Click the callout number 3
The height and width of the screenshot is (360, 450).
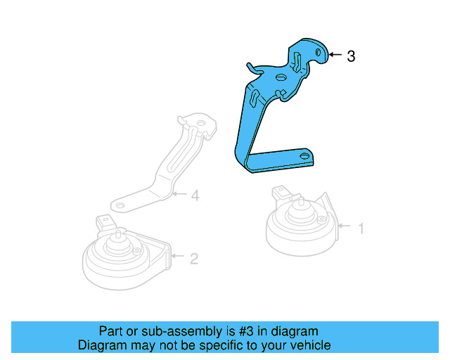[x=351, y=56]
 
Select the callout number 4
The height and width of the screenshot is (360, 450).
[x=195, y=195]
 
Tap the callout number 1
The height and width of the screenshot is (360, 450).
[x=361, y=229]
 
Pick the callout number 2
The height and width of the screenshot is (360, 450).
[x=194, y=259]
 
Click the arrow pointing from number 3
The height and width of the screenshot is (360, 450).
[x=335, y=54]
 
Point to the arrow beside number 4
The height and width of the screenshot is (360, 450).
[x=180, y=194]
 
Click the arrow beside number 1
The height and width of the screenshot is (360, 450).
[x=345, y=226]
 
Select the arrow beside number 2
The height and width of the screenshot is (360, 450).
[x=177, y=255]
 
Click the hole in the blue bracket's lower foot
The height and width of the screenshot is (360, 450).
[x=304, y=155]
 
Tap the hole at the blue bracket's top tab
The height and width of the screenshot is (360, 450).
[x=318, y=52]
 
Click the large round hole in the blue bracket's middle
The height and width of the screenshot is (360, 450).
[x=281, y=77]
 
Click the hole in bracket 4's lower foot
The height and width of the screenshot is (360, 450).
[x=120, y=206]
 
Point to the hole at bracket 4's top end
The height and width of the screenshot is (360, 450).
[x=202, y=124]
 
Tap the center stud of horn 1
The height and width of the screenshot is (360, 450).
[x=301, y=202]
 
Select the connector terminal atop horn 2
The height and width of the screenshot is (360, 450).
[x=104, y=222]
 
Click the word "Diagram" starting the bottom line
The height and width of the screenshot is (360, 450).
[x=102, y=345]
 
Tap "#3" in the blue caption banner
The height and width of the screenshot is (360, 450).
[x=246, y=331]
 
